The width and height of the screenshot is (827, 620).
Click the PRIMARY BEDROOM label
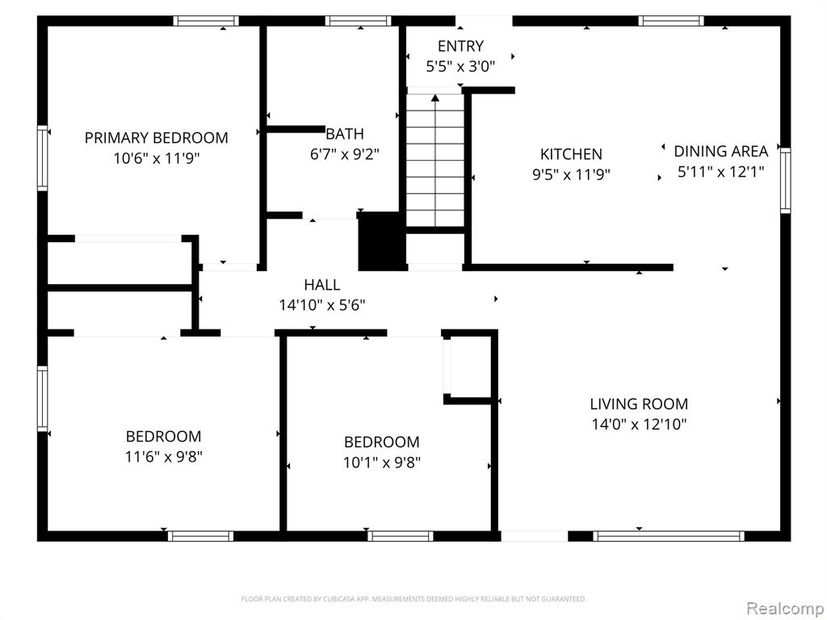click(156, 138)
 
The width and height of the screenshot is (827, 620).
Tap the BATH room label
click(344, 134)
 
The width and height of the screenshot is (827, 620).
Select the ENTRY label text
click(460, 46)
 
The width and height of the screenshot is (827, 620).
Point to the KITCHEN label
click(571, 154)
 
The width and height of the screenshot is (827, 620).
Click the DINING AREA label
click(720, 151)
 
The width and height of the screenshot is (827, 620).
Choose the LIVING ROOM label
click(639, 404)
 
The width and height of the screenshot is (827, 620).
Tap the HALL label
click(321, 285)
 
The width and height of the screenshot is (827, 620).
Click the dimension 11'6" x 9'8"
click(163, 457)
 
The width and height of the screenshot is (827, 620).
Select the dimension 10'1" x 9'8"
click(382, 463)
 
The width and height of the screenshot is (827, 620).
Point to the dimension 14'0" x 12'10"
click(639, 424)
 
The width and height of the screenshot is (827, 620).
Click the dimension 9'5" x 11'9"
click(571, 174)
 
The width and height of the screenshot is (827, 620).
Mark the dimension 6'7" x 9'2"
click(344, 154)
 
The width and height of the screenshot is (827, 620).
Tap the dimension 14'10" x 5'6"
click(321, 304)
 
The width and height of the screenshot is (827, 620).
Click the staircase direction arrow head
click(435, 98)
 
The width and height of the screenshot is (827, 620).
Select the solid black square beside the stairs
click(381, 241)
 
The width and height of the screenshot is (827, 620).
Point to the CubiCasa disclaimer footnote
click(413, 599)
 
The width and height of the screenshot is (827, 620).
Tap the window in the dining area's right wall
click(785, 181)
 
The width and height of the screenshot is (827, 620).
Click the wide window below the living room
click(668, 536)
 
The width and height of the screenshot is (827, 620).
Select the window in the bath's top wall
click(358, 21)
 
